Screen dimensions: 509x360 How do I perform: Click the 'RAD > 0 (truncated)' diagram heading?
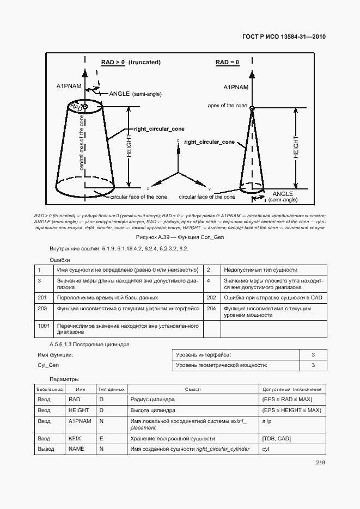click(x=131, y=63)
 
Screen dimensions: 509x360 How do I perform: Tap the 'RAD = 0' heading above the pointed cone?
click(x=227, y=63)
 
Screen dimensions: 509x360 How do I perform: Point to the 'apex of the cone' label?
click(x=228, y=105)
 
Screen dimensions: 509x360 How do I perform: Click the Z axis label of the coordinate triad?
click(x=178, y=140)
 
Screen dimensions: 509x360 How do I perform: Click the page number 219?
click(x=320, y=463)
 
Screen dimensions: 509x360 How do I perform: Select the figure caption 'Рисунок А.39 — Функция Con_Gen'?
click(x=180, y=237)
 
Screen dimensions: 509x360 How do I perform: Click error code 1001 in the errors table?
click(x=44, y=326)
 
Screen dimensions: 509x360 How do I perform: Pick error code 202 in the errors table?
click(x=212, y=298)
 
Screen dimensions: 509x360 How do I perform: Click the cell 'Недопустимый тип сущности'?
click(x=260, y=269)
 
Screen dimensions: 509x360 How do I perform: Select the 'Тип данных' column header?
click(x=112, y=389)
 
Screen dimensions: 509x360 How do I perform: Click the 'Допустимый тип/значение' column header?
click(x=292, y=389)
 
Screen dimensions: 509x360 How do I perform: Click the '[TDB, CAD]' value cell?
click(x=276, y=438)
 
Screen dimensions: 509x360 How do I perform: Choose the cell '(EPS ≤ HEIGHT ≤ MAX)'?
click(x=291, y=410)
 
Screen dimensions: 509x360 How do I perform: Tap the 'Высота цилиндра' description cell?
click(x=153, y=410)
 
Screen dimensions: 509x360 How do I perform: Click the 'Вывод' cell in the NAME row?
click(x=45, y=449)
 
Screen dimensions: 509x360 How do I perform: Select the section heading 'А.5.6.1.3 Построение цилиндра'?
click(x=89, y=344)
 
